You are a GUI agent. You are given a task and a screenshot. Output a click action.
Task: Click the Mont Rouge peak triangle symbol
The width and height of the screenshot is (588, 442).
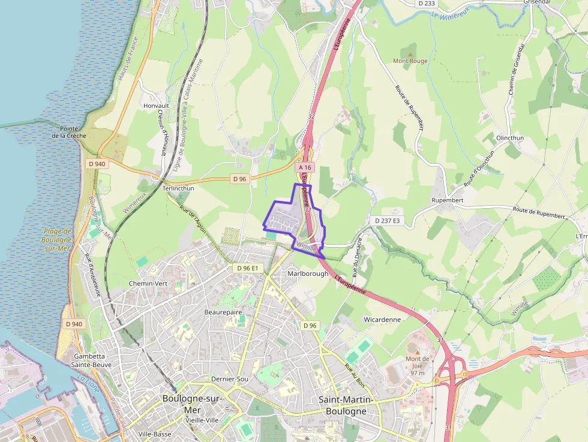pyautogui.click(x=410, y=54)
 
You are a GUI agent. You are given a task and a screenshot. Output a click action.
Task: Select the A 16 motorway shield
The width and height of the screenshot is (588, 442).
pyautogui.click(x=305, y=168)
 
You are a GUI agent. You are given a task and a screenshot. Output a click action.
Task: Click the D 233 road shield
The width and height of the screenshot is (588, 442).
pyautogui.click(x=426, y=3)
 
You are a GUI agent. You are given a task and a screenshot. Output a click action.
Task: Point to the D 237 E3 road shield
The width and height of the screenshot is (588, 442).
pyautogui.click(x=387, y=221)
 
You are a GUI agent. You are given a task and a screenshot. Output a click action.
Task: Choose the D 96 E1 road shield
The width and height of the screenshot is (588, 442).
pyautogui.click(x=247, y=268)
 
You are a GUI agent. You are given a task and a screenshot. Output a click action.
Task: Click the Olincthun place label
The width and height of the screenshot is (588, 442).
pyautogui.click(x=510, y=138)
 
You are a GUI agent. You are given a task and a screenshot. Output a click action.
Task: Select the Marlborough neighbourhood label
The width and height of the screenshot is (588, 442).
pyautogui.click(x=308, y=273)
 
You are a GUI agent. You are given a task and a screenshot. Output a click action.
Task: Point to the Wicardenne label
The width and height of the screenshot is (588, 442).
pyautogui.click(x=382, y=320)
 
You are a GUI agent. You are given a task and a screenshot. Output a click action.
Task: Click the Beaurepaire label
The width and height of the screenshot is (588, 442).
pyautogui.click(x=223, y=312)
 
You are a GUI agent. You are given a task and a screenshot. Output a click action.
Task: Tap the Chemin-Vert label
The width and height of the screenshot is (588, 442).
pyautogui.click(x=148, y=283)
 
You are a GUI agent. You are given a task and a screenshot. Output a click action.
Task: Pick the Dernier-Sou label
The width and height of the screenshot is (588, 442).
pyautogui.click(x=230, y=379)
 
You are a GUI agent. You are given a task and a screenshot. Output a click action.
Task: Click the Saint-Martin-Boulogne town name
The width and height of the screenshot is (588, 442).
pyautogui.click(x=346, y=405)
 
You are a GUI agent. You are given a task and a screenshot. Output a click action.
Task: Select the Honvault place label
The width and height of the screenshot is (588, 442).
pyautogui.click(x=157, y=106)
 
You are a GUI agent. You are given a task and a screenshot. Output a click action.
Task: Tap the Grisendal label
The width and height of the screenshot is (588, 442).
pyautogui.click(x=537, y=2)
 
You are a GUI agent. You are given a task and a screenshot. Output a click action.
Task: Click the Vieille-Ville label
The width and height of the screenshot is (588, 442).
pyautogui.click(x=202, y=420)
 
